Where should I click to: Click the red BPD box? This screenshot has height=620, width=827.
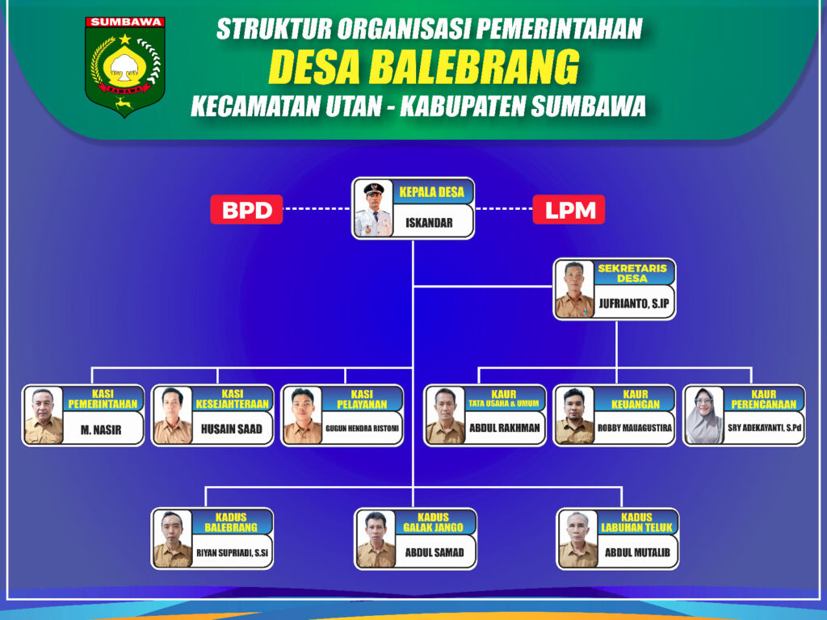click(x=246, y=209)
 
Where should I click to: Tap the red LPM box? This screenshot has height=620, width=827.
click(x=569, y=209)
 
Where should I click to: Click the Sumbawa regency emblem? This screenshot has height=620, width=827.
click(x=125, y=66)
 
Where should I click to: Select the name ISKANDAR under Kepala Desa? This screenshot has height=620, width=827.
click(x=429, y=223)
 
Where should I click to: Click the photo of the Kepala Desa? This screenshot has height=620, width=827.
click(x=373, y=208)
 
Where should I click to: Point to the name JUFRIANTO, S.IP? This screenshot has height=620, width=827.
click(x=633, y=304)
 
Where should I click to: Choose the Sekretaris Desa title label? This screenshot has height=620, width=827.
click(x=632, y=273)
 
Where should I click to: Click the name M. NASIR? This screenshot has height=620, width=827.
click(x=101, y=430)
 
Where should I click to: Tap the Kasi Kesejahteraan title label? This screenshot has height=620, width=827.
click(x=232, y=399)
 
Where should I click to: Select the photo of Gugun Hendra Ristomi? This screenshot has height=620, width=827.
click(x=302, y=416)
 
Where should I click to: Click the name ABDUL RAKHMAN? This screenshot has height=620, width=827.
click(x=505, y=428)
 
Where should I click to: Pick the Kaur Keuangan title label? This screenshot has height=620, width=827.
click(x=635, y=399)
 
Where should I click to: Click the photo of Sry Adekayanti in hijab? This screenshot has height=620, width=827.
click(x=704, y=416)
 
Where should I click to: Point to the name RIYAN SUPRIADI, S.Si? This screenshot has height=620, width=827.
click(x=232, y=553)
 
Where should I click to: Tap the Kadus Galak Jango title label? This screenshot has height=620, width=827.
click(x=433, y=522)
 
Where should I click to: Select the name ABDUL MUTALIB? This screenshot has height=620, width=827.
click(x=637, y=552)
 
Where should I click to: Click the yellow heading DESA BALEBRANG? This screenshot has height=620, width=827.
click(x=423, y=67)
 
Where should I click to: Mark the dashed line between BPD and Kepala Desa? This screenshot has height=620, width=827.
click(x=317, y=209)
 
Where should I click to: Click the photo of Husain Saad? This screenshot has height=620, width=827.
click(x=173, y=416)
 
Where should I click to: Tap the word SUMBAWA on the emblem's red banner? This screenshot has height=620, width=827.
click(x=125, y=22)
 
